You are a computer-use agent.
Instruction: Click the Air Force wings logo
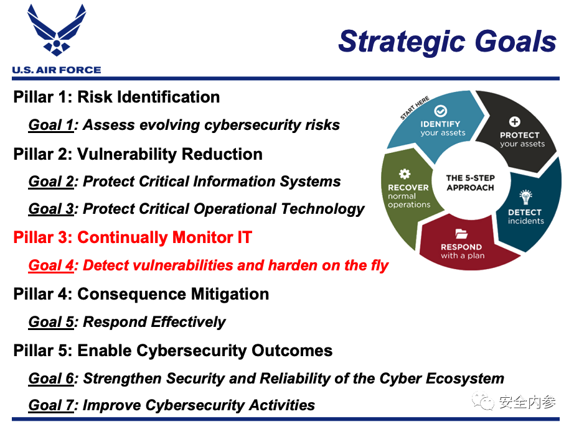click(57, 30)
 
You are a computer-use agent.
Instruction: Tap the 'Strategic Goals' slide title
click(447, 42)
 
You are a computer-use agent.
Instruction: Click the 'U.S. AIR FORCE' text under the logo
click(57, 70)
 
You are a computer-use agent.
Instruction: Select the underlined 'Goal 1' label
click(51, 125)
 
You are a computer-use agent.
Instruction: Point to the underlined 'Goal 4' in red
click(51, 265)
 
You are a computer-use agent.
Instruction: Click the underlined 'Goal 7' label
click(51, 405)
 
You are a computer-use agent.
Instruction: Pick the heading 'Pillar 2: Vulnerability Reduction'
click(138, 154)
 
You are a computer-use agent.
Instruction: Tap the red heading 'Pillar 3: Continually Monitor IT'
click(133, 237)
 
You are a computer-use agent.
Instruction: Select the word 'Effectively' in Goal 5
click(188, 322)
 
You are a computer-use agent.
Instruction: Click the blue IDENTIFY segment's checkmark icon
click(440, 111)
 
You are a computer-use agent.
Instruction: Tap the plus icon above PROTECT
click(515, 122)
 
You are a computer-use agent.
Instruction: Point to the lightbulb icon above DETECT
click(525, 197)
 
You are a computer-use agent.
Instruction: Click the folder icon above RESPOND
click(461, 233)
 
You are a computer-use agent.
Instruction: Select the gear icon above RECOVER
click(405, 174)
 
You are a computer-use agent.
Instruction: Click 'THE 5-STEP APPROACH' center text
click(471, 183)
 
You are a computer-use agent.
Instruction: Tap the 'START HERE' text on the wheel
click(415, 108)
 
